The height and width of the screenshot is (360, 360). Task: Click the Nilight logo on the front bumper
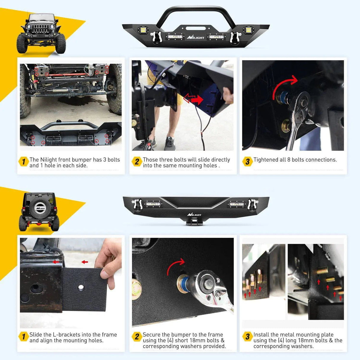coord(195,37)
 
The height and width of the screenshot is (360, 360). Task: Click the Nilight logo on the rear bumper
coord(194,214)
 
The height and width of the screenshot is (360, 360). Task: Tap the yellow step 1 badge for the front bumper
coord(23,162)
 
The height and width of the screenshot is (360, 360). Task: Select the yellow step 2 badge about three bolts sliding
coord(137,162)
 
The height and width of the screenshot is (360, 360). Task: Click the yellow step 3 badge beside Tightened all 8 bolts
coord(248,162)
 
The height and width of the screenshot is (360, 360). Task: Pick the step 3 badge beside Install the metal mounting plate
coord(248,337)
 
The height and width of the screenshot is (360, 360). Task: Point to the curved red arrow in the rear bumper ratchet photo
coord(175,266)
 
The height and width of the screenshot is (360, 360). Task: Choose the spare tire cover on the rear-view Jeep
coord(40,208)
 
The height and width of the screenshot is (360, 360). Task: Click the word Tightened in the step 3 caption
coord(266,160)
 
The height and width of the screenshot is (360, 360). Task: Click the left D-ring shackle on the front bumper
coord(155,37)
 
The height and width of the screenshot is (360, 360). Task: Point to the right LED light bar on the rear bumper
coord(237,204)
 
